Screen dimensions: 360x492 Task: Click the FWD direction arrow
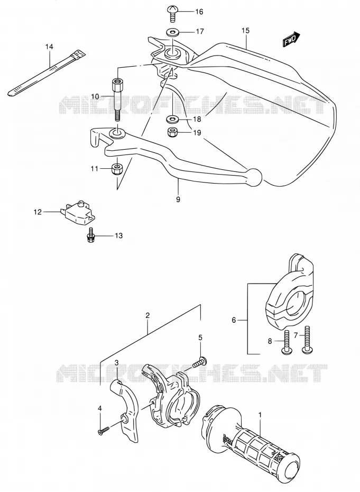coord(292,40)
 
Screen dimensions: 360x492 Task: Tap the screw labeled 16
coord(172,14)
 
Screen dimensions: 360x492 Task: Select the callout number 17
coord(200,31)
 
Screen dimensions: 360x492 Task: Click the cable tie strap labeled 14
coord(47,73)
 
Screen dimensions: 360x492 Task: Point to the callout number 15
coord(245,31)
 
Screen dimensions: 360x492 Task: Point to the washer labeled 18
coord(172,119)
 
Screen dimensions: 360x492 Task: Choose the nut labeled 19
coord(173,132)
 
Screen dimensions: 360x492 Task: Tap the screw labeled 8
coord(287,343)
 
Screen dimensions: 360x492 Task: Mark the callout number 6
coord(234,320)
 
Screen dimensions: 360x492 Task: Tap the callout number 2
coord(147,315)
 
